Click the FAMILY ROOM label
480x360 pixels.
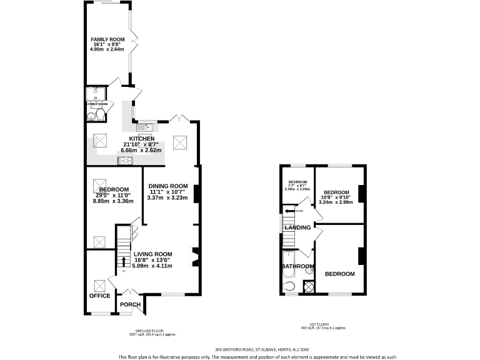[107, 39]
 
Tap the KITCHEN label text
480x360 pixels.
[141, 139]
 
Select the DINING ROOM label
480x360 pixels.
[167, 186]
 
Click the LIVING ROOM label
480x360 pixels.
[152, 254]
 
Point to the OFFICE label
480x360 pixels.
[99, 296]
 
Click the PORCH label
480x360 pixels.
[130, 304]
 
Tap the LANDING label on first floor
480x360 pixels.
[297, 227]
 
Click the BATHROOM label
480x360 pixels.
[297, 267]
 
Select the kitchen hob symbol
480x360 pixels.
[125, 161]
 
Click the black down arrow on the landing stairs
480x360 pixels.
[288, 211]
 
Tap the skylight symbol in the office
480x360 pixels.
[99, 284]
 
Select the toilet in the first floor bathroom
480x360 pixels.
[287, 287]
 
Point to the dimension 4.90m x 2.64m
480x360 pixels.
[107, 50]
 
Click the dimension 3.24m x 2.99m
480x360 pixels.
[336, 202]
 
